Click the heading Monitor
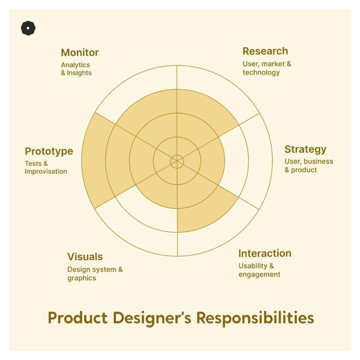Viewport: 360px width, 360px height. [80, 52]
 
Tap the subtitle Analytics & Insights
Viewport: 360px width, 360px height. [76, 69]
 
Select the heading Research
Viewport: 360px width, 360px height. [265, 51]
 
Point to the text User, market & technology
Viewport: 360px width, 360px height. [267, 68]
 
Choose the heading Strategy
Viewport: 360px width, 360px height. [305, 150]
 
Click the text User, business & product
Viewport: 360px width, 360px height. [309, 165]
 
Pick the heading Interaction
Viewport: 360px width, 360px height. [265, 253]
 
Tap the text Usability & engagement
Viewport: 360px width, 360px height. [259, 270]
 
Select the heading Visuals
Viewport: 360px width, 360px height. [85, 257]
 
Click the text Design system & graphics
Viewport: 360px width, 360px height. [95, 274]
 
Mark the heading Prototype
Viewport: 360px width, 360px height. [49, 151]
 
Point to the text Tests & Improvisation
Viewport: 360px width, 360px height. [46, 168]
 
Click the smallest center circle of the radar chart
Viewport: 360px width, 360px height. [177, 161]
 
